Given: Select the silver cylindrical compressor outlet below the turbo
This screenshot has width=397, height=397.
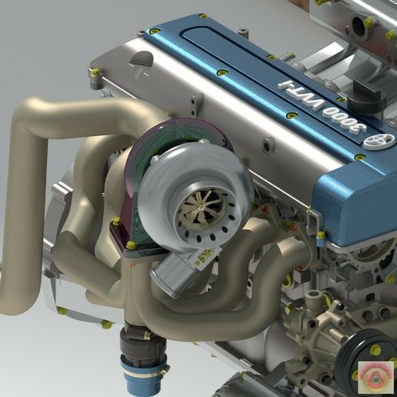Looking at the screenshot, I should point(171,273).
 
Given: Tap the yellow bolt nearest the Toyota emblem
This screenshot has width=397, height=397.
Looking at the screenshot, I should point(359,158).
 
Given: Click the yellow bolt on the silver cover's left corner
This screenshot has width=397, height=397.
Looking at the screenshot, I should point(95,72).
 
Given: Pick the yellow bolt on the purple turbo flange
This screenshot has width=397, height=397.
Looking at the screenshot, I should point(131,245).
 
